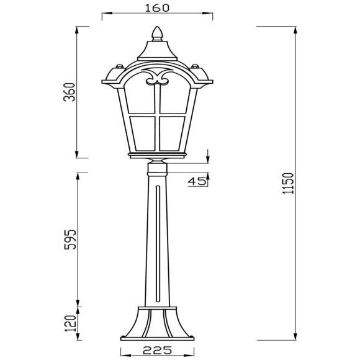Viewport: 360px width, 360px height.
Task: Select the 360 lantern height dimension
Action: click(x=70, y=92)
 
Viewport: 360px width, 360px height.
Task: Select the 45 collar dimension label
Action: click(x=197, y=181)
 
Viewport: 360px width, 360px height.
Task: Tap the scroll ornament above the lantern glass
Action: click(x=157, y=79)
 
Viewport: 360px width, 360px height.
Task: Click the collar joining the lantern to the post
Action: click(x=157, y=167)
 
